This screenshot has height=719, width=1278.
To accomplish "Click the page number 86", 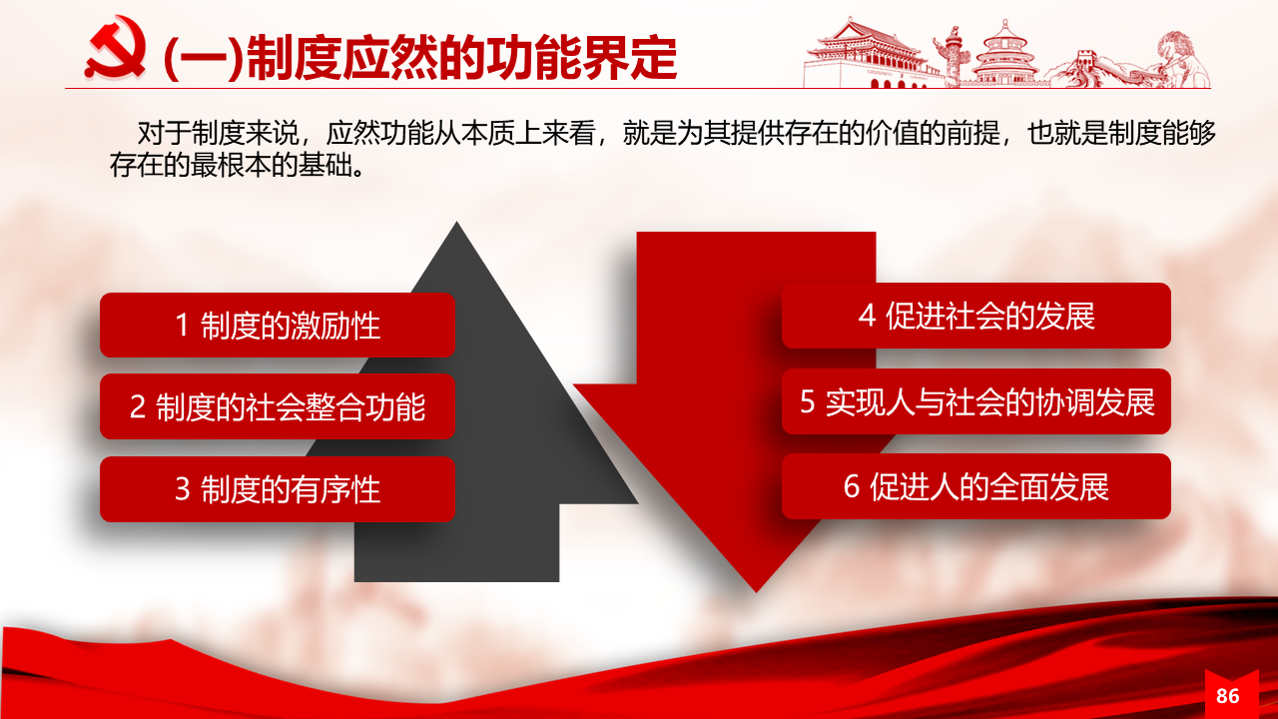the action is pos(1228,696).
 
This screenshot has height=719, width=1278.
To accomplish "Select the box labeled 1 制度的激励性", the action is pos(278,326).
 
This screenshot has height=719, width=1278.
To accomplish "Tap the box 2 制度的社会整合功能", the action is pos(278,406).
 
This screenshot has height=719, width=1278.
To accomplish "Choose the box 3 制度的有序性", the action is pos(278,489).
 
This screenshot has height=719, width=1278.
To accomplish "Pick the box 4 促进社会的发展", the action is pos(976,316).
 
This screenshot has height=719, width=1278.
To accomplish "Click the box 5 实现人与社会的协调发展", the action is pos(976,401).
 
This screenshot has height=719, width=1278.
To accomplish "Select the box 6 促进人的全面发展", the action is pos(976,486).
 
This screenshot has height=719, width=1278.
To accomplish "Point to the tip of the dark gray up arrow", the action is pos(456,222).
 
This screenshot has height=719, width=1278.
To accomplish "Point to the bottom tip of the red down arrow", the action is pos(757,592).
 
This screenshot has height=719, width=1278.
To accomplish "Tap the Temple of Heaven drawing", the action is pos(1005,54).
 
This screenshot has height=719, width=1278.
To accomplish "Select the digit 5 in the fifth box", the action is pos(807,401).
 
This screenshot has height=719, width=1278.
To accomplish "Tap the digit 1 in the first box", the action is pos(182,326).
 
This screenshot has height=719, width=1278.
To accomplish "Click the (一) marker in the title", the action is pos(204,59).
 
